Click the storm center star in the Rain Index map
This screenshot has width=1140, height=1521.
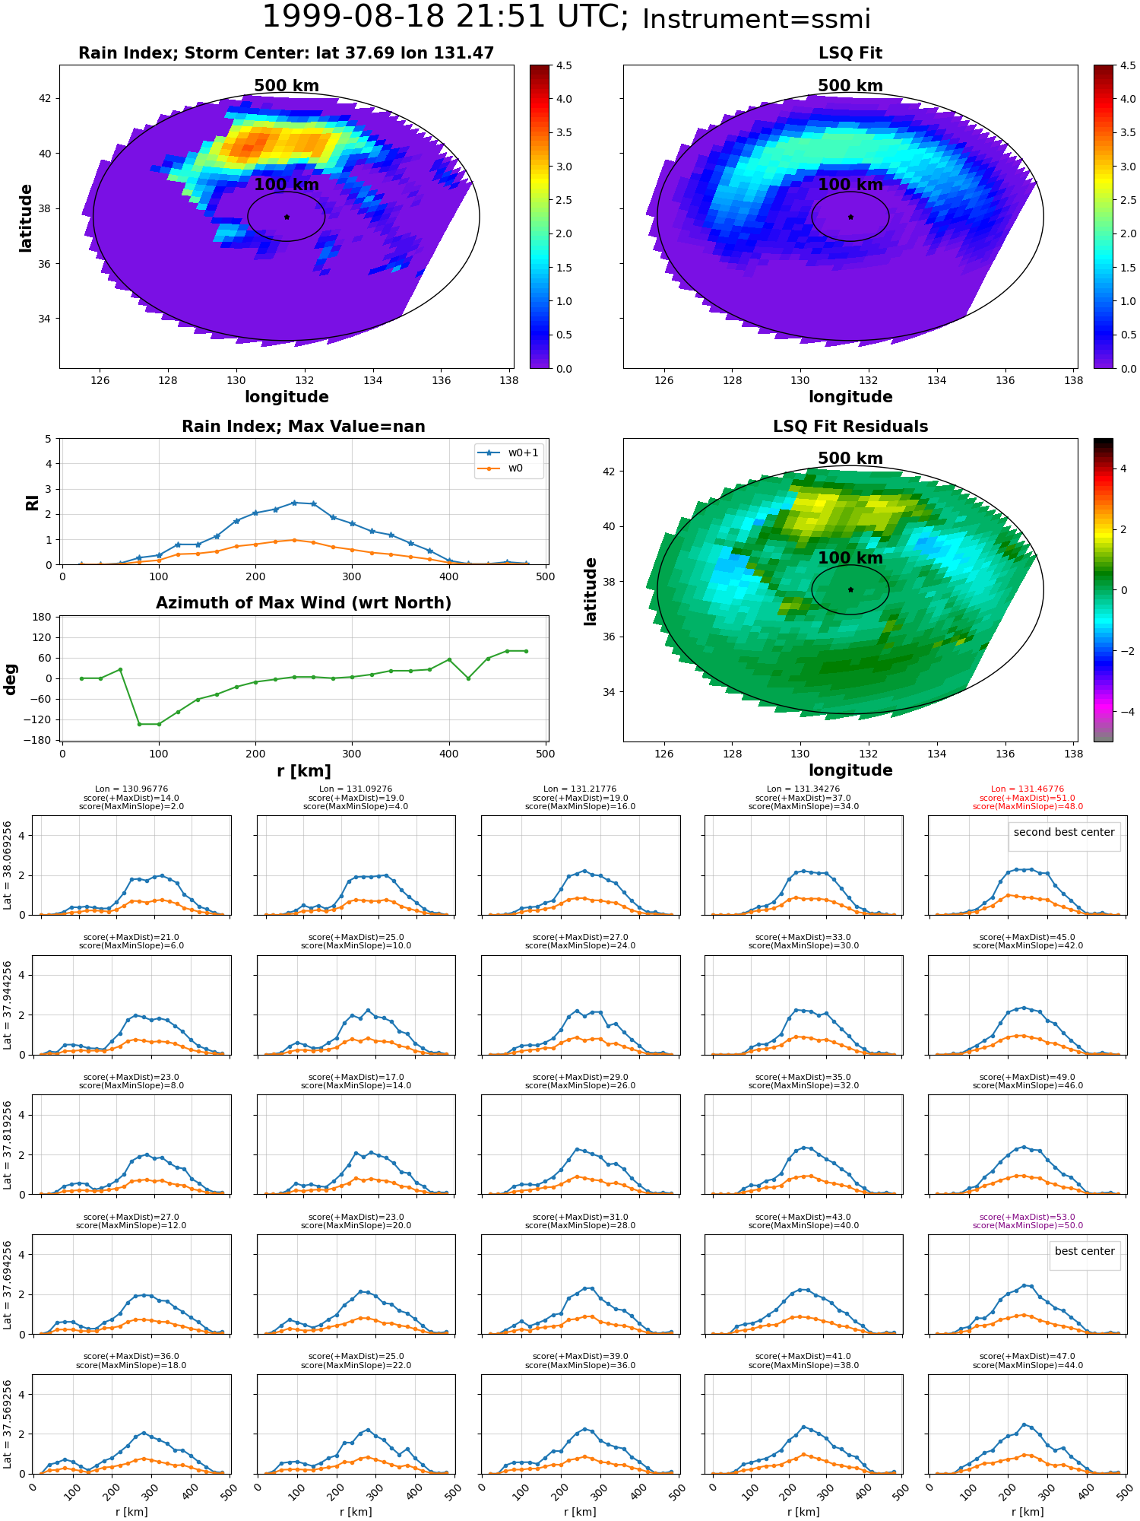tap(287, 217)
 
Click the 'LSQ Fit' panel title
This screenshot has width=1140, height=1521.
tap(850, 53)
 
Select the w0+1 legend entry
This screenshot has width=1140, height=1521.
tap(509, 452)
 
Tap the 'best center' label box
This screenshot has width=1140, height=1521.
tap(1085, 1251)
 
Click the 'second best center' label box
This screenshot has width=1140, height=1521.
tap(1064, 832)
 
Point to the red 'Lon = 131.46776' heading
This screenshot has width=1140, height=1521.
tap(1028, 789)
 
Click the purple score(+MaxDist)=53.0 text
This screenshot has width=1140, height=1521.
tap(1028, 1217)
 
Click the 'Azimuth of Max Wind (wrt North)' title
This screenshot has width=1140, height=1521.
tap(303, 603)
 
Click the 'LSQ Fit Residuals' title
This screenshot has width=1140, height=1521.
tap(850, 427)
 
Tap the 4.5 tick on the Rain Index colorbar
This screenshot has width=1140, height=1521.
tap(564, 65)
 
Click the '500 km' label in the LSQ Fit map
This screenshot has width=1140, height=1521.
tap(850, 86)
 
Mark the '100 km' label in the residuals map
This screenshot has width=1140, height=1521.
tap(850, 558)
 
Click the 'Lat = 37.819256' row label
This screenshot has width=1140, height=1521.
tap(8, 1144)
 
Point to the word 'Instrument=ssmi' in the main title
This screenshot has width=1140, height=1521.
tap(756, 20)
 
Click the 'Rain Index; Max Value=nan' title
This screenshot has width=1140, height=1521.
tap(303, 427)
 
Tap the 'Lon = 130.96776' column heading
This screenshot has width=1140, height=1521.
tap(131, 789)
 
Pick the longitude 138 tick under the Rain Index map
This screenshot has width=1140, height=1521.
tap(509, 380)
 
